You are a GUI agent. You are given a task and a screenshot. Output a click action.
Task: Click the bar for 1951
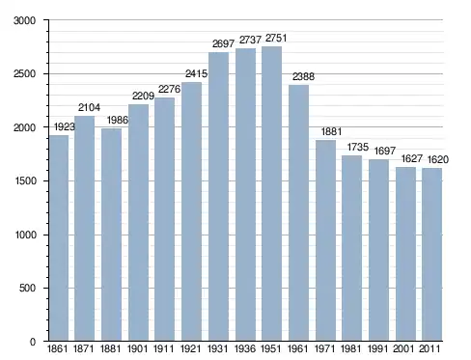(x=272, y=193)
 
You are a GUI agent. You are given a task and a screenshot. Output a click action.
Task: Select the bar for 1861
(x=60, y=237)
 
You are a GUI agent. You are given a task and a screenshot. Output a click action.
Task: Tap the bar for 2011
(x=432, y=254)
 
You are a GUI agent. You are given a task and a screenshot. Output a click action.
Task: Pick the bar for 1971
(x=325, y=240)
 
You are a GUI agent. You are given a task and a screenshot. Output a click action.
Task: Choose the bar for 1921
(x=192, y=211)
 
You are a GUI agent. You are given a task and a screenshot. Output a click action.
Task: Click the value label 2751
(x=276, y=39)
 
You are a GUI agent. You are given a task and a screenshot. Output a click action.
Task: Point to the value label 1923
(x=65, y=127)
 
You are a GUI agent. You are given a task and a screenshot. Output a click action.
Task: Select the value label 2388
(x=303, y=76)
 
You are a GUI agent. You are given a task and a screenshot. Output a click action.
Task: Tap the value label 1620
(x=438, y=159)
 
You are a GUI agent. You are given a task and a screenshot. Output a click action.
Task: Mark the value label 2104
(x=89, y=107)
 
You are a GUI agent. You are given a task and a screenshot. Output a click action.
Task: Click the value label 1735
(x=358, y=148)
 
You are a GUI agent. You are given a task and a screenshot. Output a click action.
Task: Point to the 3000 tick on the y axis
(x=24, y=20)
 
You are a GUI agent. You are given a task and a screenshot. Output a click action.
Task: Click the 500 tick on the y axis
(x=27, y=288)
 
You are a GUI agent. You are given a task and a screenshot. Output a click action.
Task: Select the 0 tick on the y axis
(x=33, y=342)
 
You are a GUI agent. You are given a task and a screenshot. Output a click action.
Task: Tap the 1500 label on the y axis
(x=25, y=180)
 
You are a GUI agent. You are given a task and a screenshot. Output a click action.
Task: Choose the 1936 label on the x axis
(x=245, y=348)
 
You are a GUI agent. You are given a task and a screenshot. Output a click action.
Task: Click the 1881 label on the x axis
(x=110, y=348)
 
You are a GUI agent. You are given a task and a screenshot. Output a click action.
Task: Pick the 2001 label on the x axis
(x=403, y=348)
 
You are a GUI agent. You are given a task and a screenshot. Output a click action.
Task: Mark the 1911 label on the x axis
(x=163, y=348)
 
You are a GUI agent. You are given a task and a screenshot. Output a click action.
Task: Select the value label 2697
(x=223, y=43)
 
